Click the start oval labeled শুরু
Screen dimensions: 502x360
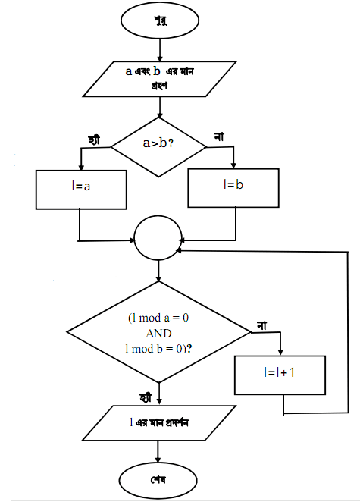159,20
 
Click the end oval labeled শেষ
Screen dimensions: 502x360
158,481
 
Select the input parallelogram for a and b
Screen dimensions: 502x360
159,77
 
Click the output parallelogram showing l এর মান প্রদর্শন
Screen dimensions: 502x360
158,424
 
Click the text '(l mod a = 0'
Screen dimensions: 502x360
158,318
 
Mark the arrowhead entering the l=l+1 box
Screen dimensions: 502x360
282,352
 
